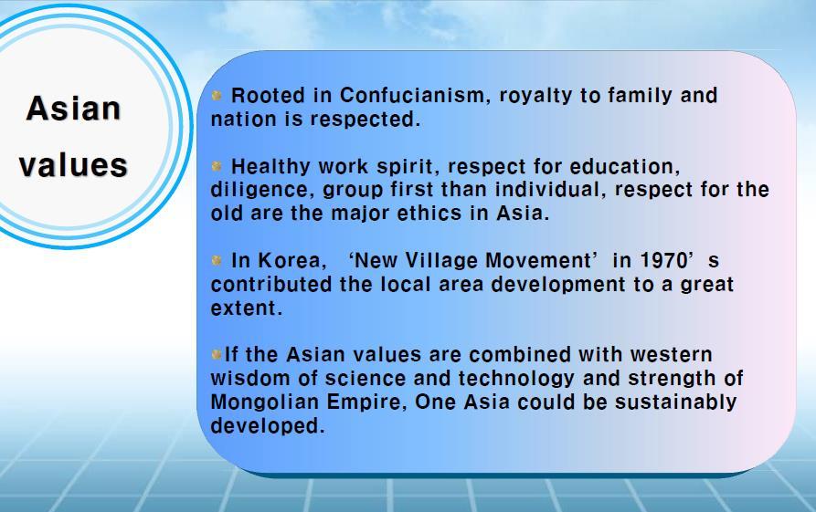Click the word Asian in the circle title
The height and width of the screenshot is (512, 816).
[73, 108]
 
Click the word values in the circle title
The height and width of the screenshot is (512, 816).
[73, 165]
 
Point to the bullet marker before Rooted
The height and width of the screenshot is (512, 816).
[217, 95]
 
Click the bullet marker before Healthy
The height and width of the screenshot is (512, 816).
[217, 166]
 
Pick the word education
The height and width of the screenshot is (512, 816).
[624, 166]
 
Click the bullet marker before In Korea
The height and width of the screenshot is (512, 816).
[217, 260]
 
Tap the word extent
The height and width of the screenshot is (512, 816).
[246, 308]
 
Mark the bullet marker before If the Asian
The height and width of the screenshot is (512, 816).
[217, 354]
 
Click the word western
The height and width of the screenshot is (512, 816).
[671, 354]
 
